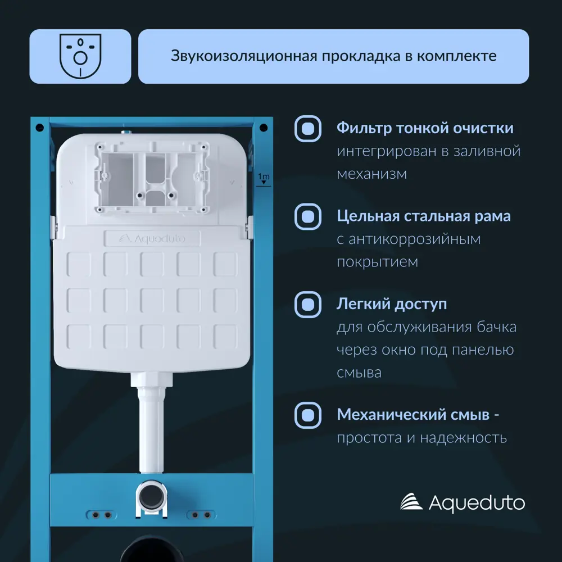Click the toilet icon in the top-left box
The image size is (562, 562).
click(80, 56)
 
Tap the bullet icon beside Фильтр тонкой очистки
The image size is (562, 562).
click(308, 129)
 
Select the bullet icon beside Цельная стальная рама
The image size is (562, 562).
click(308, 216)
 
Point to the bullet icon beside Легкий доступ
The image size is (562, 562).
click(308, 305)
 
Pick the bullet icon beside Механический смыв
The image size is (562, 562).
click(308, 415)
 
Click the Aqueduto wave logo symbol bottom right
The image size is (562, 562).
click(411, 502)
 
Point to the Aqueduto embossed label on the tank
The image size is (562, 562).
click(152, 239)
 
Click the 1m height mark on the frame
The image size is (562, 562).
click(263, 179)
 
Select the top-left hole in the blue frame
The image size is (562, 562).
click(39, 128)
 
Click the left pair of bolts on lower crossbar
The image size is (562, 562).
click(99, 515)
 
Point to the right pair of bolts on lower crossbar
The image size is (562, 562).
click(201, 515)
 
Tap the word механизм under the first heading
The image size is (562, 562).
click(371, 174)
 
